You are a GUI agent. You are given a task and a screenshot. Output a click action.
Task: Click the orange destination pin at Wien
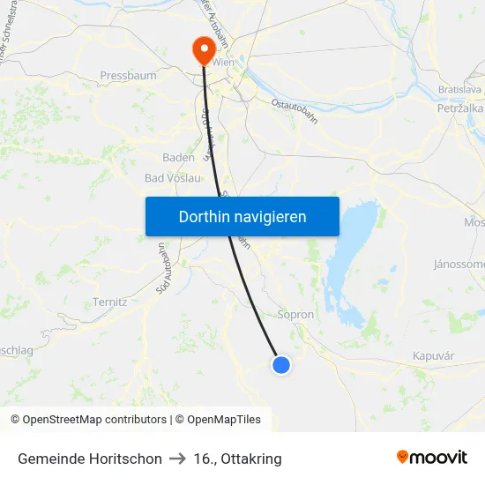204,49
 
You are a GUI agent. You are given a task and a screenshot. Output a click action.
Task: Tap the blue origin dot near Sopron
280,364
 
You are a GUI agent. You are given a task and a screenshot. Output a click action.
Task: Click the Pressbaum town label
129,76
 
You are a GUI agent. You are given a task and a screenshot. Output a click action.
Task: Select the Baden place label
178,157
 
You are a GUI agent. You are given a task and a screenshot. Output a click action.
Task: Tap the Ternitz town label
110,302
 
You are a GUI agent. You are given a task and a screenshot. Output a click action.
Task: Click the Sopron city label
295,314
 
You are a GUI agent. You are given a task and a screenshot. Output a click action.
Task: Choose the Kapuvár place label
433,356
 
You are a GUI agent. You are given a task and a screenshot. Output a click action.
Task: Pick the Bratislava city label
459,90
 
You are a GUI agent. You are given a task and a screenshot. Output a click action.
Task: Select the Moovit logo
431,458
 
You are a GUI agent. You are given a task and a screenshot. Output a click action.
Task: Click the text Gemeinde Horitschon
90,459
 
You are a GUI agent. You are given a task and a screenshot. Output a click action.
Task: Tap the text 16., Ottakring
237,459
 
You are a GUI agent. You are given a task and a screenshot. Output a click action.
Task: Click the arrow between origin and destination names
177,459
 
